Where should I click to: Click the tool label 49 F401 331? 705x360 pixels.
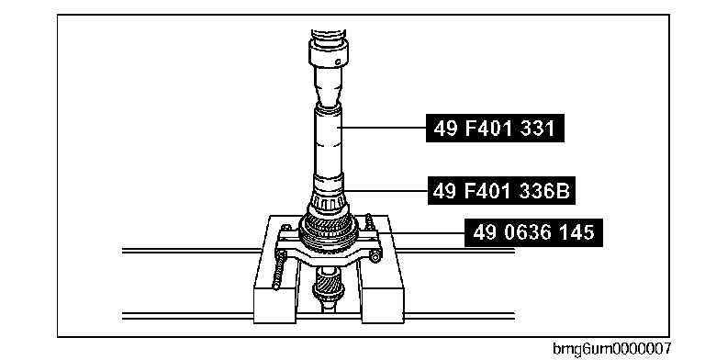tap(495, 129)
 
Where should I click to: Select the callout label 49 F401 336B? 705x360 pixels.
tap(501, 191)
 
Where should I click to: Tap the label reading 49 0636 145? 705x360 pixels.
tap(533, 232)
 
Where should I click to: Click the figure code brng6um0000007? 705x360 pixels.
tap(612, 348)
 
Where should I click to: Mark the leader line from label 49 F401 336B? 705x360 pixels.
tap(386, 191)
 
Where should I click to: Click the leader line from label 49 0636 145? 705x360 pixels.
tap(421, 232)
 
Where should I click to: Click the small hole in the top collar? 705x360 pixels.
tap(338, 62)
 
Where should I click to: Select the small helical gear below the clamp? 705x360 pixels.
tap(329, 287)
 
